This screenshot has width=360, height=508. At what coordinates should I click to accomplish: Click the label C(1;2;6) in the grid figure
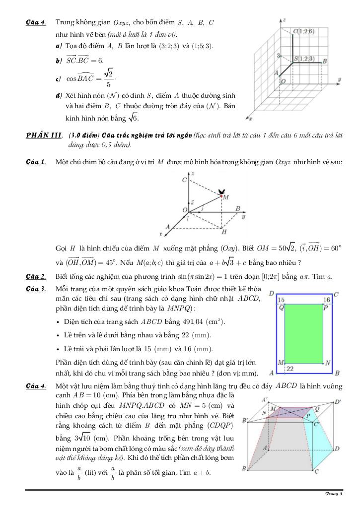(x=303, y=31)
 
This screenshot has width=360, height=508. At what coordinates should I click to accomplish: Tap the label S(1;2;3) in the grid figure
(x=304, y=59)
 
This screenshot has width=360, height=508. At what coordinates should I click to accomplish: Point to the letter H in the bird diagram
(x=224, y=232)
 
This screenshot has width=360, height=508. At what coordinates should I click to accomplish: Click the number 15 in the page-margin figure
(x=282, y=300)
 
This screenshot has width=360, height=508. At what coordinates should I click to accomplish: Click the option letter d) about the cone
(x=59, y=95)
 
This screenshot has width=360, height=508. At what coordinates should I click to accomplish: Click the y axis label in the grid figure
(x=339, y=79)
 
